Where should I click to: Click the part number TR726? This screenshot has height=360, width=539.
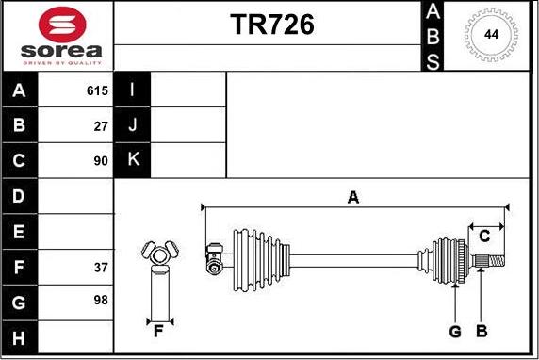pyautogui.click(x=272, y=25)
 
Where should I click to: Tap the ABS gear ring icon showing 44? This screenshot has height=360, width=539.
pyautogui.click(x=491, y=35)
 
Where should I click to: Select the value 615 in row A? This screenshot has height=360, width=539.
pyautogui.click(x=97, y=91)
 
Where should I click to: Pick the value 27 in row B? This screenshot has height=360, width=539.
pyautogui.click(x=101, y=125)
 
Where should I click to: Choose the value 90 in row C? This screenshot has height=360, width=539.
pyautogui.click(x=101, y=160)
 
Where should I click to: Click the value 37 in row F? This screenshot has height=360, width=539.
pyautogui.click(x=101, y=267)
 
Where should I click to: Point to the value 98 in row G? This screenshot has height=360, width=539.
pyautogui.click(x=101, y=301)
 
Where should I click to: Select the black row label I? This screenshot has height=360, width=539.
pyautogui.click(x=133, y=91)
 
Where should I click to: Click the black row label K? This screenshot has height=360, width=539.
pyautogui.click(x=133, y=160)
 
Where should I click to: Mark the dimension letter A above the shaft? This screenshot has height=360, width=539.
pyautogui.click(x=353, y=197)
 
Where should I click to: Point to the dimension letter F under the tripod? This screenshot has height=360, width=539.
pyautogui.click(x=158, y=330)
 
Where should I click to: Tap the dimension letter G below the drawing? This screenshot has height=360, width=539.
pyautogui.click(x=455, y=331)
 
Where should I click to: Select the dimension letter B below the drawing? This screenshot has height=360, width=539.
pyautogui.click(x=481, y=331)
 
